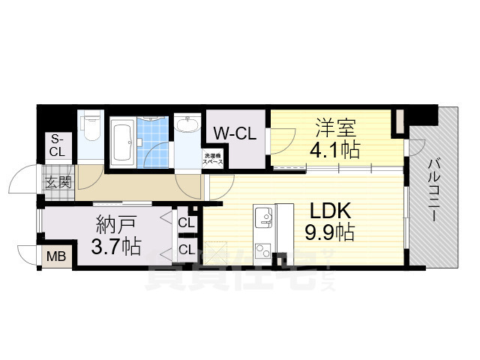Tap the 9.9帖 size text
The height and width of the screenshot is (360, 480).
click(329, 232)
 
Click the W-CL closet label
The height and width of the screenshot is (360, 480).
click(235, 133)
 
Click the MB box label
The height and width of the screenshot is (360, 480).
click(56, 256)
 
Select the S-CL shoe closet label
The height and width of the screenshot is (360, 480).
click(57, 145)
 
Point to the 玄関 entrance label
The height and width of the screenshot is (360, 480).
click(58, 182)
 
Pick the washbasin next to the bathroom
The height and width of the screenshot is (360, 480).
click(187, 125)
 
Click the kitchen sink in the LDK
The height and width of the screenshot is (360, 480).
click(263, 217)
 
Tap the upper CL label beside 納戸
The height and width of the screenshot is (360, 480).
click(186, 223)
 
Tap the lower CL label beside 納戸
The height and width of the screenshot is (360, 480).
click(186, 248)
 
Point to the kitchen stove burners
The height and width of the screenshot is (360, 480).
click(262, 248)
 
